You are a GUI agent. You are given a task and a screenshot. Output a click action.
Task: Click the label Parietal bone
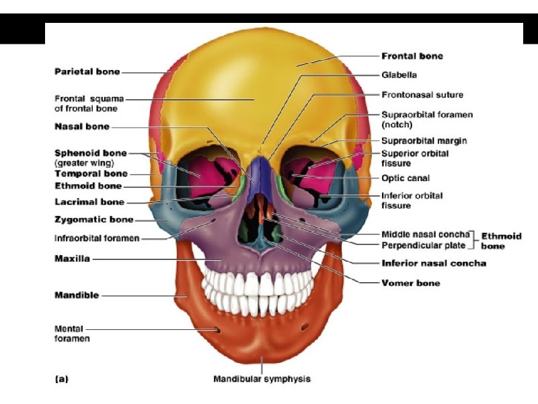pyautogui.click(x=87, y=71)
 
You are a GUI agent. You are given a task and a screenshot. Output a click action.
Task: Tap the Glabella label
pyautogui.click(x=399, y=75)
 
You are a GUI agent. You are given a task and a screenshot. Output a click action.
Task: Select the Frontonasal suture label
pyautogui.click(x=422, y=94)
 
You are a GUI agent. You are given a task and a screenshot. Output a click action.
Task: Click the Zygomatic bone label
pyautogui.click(x=93, y=220)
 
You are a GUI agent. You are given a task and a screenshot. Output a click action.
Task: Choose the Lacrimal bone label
pyautogui.click(x=88, y=201)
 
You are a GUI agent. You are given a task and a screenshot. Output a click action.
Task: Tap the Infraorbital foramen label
pyautogui.click(x=97, y=238)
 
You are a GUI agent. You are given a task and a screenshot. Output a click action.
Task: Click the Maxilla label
pyautogui.click(x=72, y=259)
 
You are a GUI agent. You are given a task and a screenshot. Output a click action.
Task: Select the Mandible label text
pyautogui.click(x=76, y=295)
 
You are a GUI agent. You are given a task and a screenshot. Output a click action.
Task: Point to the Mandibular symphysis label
pyautogui.click(x=262, y=379)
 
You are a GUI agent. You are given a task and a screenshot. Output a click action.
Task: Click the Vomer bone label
pyautogui.click(x=411, y=283)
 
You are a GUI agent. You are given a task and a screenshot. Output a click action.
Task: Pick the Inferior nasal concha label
pyautogui.click(x=434, y=263)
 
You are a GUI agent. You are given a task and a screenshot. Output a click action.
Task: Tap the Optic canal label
pyautogui.click(x=406, y=178)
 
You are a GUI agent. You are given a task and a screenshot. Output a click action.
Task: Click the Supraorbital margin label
pyautogui.click(x=424, y=141)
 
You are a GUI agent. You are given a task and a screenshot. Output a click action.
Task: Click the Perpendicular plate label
pyautogui.click(x=422, y=244)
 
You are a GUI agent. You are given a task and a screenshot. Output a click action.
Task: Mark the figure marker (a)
pyautogui.click(x=61, y=379)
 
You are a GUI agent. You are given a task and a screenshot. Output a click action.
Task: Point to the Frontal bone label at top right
pyautogui.click(x=412, y=56)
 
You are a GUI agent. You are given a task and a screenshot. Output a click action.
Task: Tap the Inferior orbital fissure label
pyautogui.click(x=412, y=200)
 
